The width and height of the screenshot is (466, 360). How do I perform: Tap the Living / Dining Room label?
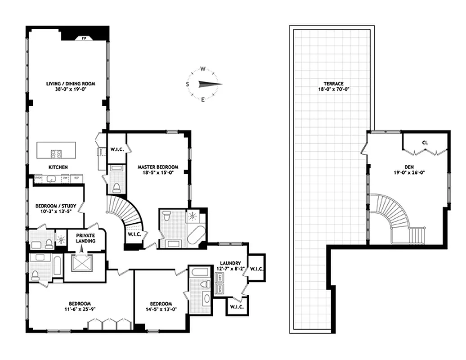pyautogui.click(x=71, y=84)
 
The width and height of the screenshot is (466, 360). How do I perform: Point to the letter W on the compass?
pyautogui.click(x=203, y=69)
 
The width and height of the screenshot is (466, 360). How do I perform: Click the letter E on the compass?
pyautogui.click(x=203, y=99)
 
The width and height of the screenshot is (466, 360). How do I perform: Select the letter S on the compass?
pyautogui.click(x=188, y=84)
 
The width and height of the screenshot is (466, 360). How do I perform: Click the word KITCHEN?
pyautogui.click(x=58, y=167)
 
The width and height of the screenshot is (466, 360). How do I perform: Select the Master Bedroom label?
pyautogui.click(x=158, y=166)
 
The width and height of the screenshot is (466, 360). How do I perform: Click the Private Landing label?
pyautogui.click(x=85, y=238)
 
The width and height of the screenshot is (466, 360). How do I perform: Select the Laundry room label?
pyautogui.click(x=230, y=263)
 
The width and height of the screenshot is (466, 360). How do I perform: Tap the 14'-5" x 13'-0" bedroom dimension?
pyautogui.click(x=161, y=309)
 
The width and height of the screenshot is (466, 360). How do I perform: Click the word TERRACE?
pyautogui.click(x=333, y=84)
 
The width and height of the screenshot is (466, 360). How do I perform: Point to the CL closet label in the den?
pyautogui.click(x=425, y=143)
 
